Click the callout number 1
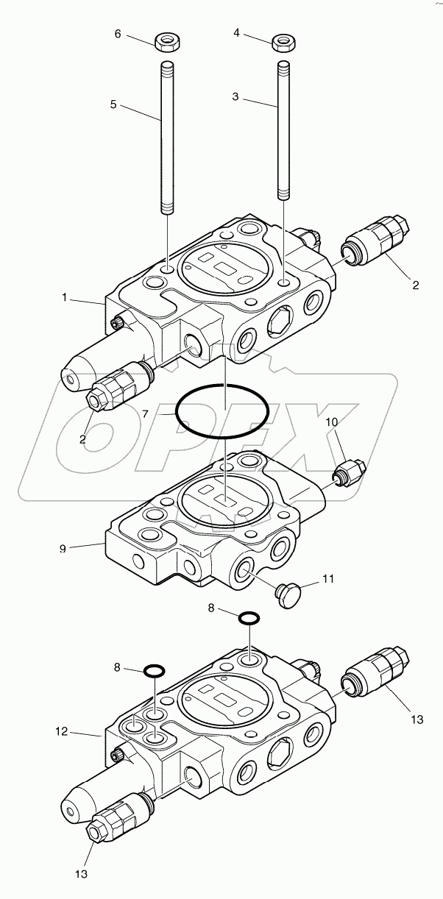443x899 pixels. click(65, 298)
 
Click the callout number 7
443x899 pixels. click(146, 415)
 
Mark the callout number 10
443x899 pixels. click(332, 422)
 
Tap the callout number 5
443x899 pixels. click(113, 104)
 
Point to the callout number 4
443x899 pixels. click(236, 32)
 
